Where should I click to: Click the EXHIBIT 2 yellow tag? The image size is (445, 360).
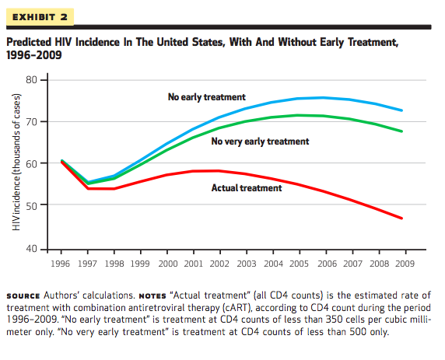[x=40, y=17]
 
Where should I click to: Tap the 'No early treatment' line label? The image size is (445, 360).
[x=207, y=97]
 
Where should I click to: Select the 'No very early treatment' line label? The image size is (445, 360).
[x=260, y=142]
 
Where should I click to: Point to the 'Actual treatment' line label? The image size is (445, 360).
[x=247, y=188]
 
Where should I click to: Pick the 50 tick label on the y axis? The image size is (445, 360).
[x=31, y=205]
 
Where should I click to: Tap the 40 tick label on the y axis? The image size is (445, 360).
[x=31, y=249]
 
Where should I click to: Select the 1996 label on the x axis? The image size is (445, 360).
[x=60, y=264]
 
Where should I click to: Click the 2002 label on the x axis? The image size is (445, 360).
[x=219, y=264]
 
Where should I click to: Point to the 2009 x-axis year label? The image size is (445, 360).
[x=405, y=264]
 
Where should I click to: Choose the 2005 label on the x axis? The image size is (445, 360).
[x=299, y=264]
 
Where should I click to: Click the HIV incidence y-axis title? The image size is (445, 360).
[x=16, y=162]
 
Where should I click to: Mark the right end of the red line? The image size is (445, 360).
[x=401, y=218]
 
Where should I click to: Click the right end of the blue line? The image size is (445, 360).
[x=401, y=110]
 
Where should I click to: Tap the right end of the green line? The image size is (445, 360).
[x=401, y=131]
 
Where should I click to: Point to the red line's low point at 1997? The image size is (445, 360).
[x=88, y=188]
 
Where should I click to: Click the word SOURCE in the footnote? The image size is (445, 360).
[x=23, y=296]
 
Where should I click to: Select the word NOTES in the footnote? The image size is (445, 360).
[x=152, y=296]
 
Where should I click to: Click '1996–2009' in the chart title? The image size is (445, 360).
[x=34, y=54]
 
